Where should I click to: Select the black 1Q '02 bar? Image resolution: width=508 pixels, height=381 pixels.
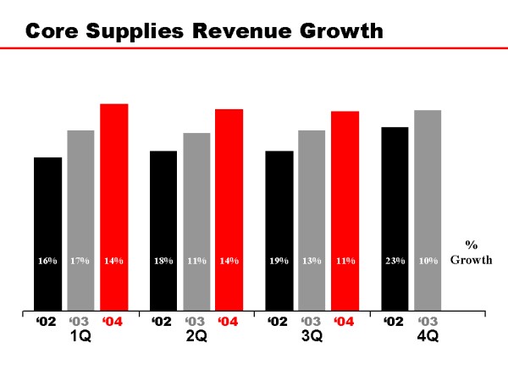point(47,233)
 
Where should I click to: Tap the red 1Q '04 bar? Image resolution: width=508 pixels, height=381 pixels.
point(113,207)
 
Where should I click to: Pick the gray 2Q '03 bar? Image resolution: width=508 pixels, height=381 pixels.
point(196,221)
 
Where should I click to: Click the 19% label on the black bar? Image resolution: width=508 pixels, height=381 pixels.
point(279,261)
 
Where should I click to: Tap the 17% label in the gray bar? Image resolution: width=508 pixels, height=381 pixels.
point(80,261)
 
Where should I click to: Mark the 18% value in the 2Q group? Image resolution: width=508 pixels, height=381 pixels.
point(163,261)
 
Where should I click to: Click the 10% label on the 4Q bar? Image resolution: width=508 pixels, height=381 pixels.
point(428,261)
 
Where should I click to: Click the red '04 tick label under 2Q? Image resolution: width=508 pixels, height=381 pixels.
point(229,322)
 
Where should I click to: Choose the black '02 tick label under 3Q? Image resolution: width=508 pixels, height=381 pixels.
point(279,322)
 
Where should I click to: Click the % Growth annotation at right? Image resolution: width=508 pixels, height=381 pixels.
point(470,252)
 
